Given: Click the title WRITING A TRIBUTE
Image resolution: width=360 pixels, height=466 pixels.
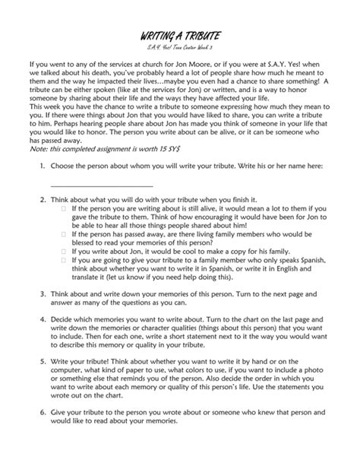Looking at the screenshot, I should pos(180,37).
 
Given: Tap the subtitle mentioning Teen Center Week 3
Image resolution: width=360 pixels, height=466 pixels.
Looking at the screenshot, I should pos(180,48).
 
